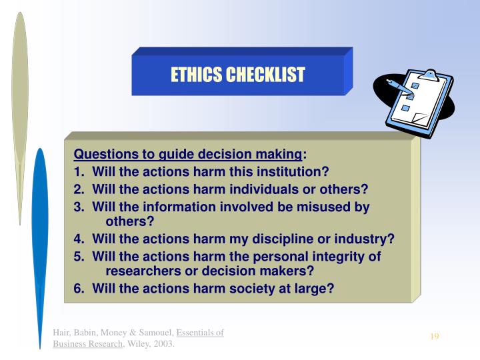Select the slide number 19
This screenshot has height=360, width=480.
[434, 336]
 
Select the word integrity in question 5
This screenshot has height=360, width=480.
[339, 256]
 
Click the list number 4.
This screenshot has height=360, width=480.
[79, 239]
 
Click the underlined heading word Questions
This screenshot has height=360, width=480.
[103, 155]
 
